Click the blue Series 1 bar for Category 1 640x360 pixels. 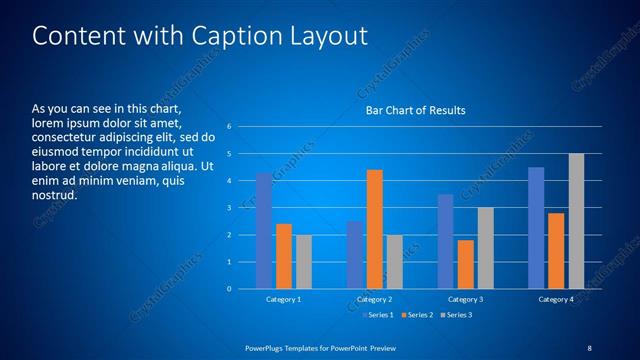(264, 231)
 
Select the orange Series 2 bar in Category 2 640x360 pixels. (375, 229)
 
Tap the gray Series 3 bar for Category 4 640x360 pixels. (576, 221)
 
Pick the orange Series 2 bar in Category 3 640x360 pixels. (466, 264)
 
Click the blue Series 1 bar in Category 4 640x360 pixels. (536, 228)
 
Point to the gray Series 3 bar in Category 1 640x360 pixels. (304, 262)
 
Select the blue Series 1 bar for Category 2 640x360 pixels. (355, 255)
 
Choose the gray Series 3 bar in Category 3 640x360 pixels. (486, 248)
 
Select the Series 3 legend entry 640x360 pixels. (457, 315)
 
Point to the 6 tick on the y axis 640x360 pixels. (230, 127)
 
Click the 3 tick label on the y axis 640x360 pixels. (230, 208)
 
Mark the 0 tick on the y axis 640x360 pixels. (230, 289)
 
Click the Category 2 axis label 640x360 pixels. (375, 300)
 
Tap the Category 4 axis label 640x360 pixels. (556, 300)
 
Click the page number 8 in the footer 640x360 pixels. (589, 347)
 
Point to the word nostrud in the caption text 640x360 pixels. (53, 194)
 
